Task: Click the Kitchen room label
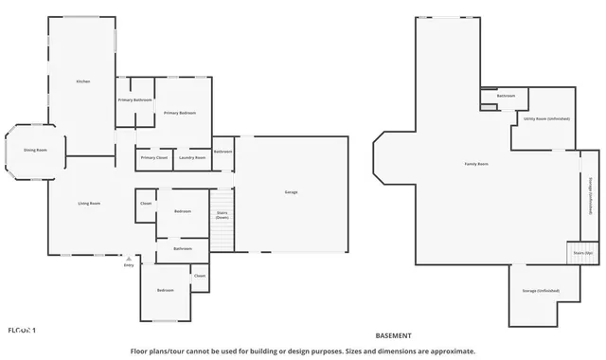coord(82,82)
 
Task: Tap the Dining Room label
coord(35,150)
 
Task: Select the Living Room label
coord(89,203)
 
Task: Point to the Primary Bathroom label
coord(135,99)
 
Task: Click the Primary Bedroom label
coord(179,113)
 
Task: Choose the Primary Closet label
coord(154,157)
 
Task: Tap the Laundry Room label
coord(192,157)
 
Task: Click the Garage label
coord(291,192)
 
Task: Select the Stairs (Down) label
coord(222,215)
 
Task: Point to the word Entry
coord(129,265)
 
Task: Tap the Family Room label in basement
coord(475,164)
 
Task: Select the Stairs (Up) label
coord(582,253)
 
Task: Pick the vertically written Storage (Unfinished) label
coord(590,196)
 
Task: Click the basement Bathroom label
coord(507,95)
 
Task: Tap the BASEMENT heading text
coord(394,335)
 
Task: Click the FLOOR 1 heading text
coord(22,330)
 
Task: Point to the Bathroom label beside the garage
coord(223,152)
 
